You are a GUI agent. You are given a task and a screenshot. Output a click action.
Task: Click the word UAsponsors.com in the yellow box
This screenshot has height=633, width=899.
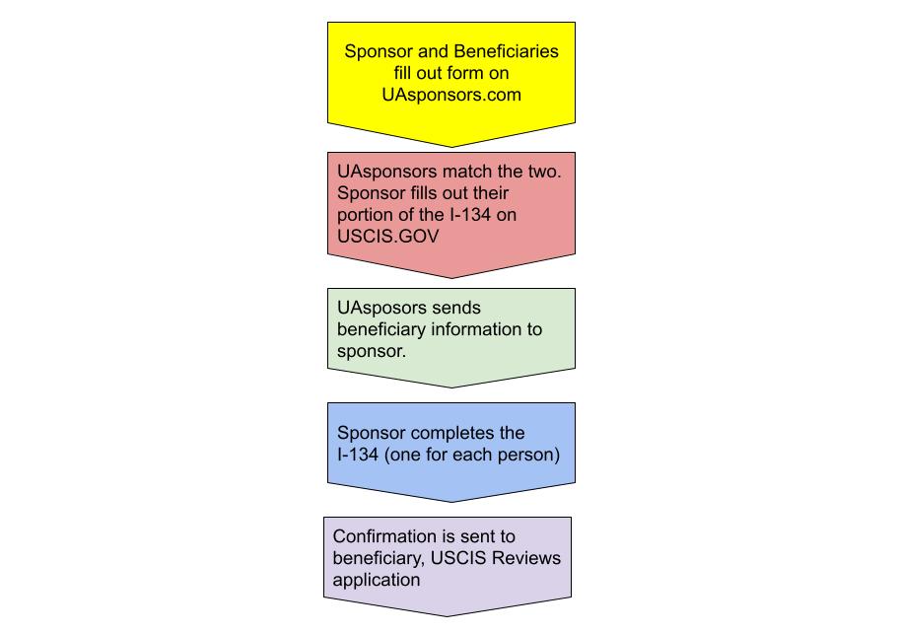click(451, 95)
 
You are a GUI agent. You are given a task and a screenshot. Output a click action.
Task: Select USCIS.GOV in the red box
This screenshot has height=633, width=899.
click(387, 237)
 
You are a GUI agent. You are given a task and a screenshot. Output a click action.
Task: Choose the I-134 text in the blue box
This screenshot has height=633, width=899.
click(358, 455)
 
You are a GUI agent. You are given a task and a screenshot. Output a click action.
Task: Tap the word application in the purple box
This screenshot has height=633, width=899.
click(377, 580)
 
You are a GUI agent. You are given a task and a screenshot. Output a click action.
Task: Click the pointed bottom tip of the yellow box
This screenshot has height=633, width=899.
click(451, 147)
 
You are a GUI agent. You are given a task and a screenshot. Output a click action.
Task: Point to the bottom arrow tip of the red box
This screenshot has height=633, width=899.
click(451, 278)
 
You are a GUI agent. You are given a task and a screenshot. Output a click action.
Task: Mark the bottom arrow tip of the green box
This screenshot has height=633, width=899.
click(451, 387)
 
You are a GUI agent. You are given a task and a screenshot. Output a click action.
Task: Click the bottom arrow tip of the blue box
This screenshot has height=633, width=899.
click(451, 502)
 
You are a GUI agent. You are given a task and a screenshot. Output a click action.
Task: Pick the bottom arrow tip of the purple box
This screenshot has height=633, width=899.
click(448, 617)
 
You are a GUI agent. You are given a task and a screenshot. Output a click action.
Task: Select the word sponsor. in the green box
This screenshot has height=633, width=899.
click(371, 351)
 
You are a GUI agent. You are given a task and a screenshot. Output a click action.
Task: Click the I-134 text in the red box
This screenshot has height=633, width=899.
click(469, 215)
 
